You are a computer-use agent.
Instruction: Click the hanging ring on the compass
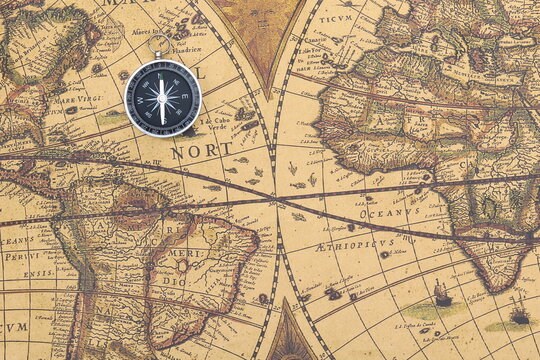(159, 44)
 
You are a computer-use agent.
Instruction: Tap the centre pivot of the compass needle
(162, 97)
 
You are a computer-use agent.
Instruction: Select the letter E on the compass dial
(185, 97)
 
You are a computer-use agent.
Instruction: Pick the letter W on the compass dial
(139, 97)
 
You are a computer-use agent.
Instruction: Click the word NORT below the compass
(200, 152)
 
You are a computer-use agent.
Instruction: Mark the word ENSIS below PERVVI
(39, 272)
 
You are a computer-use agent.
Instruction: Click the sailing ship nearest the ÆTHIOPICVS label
(441, 293)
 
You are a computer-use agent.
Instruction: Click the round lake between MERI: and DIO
(182, 267)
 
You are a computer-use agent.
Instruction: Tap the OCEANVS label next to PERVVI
(16, 240)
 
